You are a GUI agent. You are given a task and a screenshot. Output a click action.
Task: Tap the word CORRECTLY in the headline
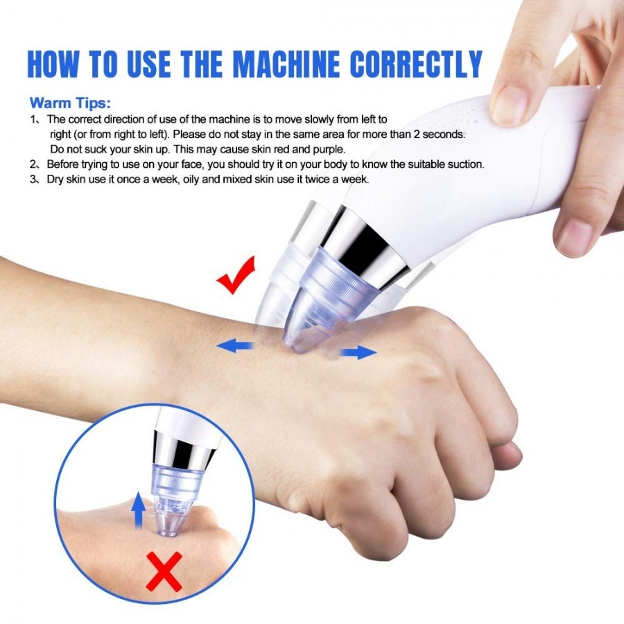[x=416, y=64]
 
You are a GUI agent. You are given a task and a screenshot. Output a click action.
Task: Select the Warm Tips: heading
[x=69, y=103]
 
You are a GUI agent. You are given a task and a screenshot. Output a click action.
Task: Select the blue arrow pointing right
[x=358, y=353]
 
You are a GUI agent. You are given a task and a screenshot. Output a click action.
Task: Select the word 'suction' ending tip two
[x=465, y=165]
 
